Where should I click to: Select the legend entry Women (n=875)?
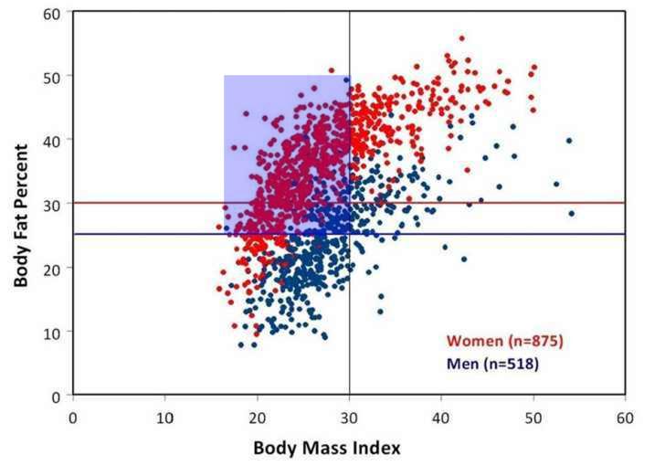click(505, 341)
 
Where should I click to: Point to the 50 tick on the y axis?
click(57, 76)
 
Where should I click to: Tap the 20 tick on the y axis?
click(57, 268)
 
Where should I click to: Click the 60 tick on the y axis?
click(57, 13)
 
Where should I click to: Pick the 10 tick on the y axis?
click(57, 332)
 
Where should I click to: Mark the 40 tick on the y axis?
click(57, 140)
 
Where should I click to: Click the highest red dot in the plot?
click(461, 38)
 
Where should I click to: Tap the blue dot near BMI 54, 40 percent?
click(568, 141)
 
